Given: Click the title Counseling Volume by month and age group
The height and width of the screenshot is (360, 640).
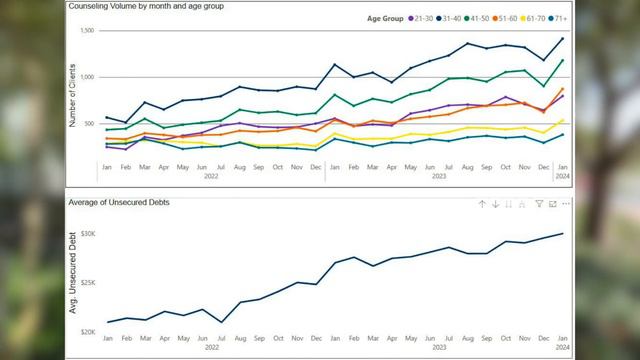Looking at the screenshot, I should tap(147, 6).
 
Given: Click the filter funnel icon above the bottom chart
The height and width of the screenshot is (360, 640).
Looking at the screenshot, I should tap(538, 204).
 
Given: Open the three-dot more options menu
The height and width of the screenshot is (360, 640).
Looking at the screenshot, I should tap(566, 204).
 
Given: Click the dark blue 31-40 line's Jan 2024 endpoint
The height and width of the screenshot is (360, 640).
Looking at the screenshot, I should tap(561, 39).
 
